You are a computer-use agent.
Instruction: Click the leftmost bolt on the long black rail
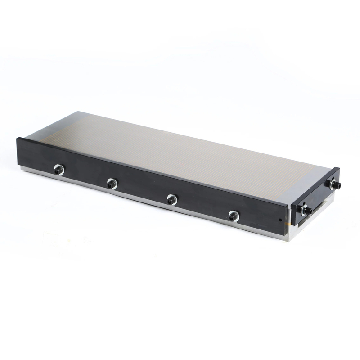(59, 169)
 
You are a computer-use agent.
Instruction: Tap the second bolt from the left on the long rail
(112, 183)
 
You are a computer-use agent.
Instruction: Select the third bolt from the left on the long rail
(172, 199)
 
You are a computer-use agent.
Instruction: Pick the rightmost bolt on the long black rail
(233, 216)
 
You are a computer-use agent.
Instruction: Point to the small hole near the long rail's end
(280, 220)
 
